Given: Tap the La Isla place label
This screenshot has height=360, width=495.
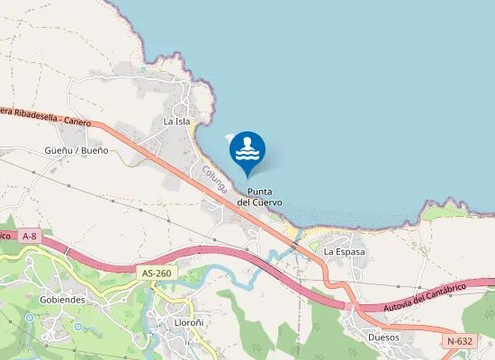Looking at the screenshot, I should tap(176, 121).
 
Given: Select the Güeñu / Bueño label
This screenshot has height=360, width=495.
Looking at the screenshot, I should tap(76, 149).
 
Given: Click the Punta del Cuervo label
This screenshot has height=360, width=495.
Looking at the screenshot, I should tap(260, 196).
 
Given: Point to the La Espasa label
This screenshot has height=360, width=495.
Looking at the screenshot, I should tap(345, 251).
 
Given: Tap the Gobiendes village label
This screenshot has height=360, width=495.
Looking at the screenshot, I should tap(62, 298).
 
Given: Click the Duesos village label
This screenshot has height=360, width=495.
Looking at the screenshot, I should tap(384, 337).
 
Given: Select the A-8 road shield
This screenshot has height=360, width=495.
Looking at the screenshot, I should tap(30, 234).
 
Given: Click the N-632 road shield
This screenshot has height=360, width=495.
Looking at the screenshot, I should tap(460, 342).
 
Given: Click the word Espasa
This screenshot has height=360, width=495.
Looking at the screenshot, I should tap(351, 251).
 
